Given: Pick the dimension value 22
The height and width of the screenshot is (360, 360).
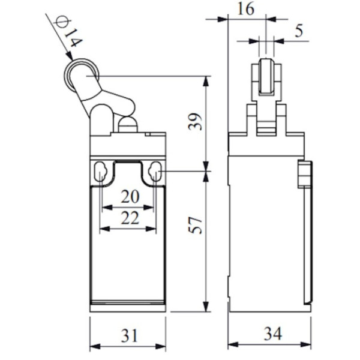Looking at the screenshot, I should (128, 218).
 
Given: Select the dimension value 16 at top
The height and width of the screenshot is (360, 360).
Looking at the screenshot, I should (245, 8).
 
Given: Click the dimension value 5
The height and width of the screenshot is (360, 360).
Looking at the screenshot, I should (298, 31).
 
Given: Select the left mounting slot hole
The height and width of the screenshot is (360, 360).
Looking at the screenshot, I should (101, 173).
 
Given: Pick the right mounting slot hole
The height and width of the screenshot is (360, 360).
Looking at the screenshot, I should (155, 173).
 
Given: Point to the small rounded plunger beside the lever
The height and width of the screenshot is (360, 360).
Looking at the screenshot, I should (127, 125).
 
